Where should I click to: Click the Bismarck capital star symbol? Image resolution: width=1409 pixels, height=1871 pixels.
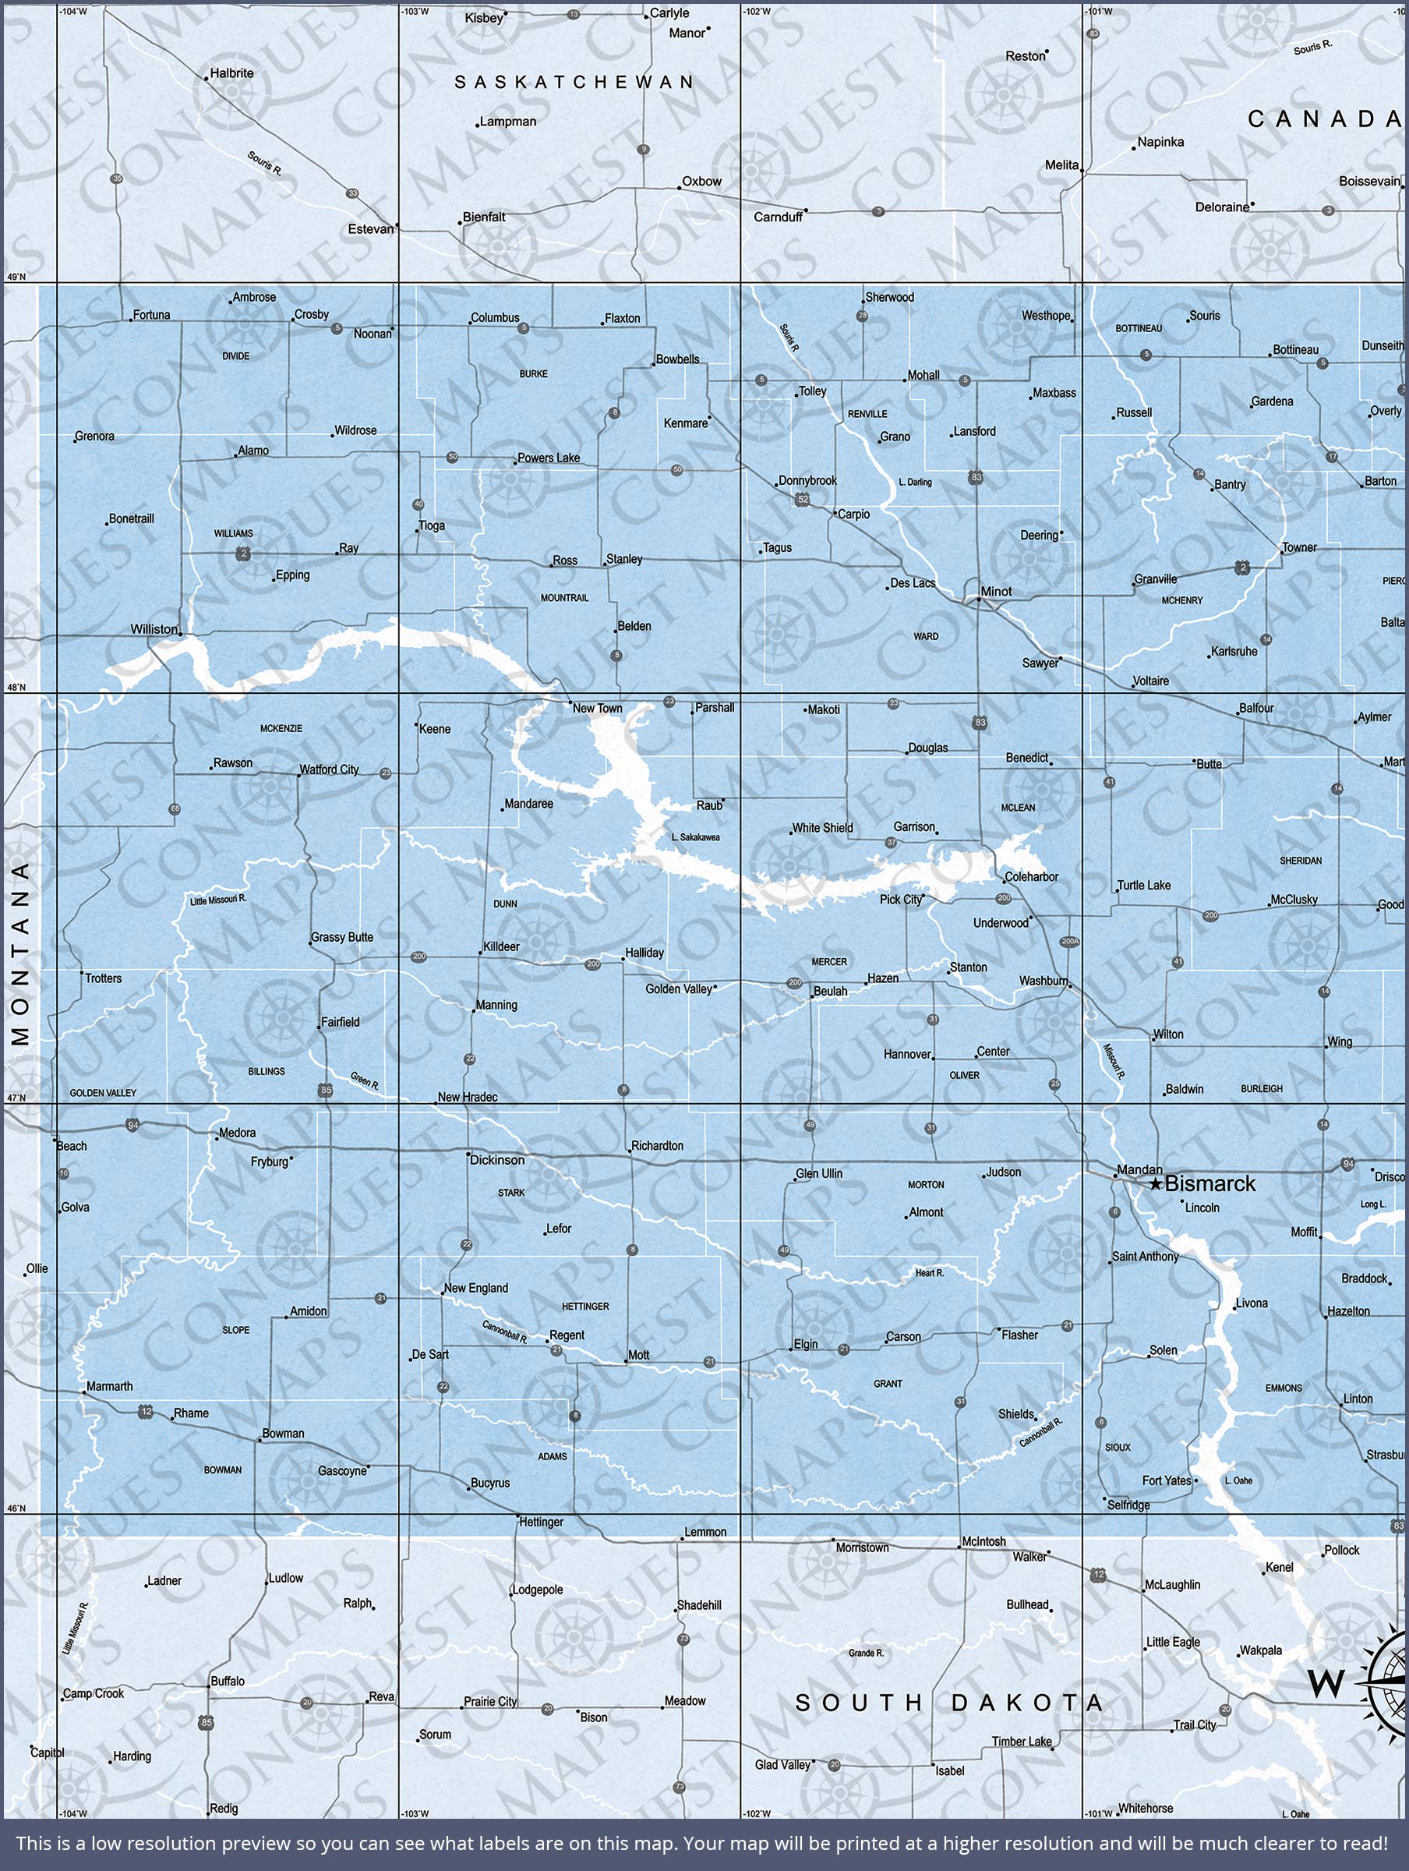[1155, 1185]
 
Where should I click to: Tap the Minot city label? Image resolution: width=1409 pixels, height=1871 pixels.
[995, 591]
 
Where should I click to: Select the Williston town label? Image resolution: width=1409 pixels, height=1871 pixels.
[154, 629]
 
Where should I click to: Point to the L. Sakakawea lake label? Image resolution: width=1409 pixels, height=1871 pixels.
[695, 837]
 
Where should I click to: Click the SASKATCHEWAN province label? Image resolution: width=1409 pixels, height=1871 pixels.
[574, 82]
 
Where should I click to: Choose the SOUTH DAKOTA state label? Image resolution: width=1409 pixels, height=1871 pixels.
[950, 1702]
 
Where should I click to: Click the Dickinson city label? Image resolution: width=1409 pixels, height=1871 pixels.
[497, 1161]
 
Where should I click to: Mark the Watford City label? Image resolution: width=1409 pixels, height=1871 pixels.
[329, 769]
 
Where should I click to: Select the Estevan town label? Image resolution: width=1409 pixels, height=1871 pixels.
[370, 229]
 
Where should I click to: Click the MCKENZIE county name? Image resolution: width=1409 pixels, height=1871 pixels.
[281, 728]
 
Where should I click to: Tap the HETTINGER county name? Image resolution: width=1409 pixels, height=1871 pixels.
[585, 1307]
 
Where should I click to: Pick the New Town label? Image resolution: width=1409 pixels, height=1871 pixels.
[597, 709]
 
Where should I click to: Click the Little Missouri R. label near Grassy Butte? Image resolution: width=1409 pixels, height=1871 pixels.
[218, 900]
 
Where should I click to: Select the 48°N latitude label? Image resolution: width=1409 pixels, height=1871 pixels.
[16, 688]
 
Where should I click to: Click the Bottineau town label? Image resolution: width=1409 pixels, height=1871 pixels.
[1296, 350]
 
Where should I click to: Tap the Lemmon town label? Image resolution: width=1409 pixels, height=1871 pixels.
[705, 1532]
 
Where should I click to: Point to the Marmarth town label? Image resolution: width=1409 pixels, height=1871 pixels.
[110, 1386]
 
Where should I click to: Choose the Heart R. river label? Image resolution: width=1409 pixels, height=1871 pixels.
[930, 1273]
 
